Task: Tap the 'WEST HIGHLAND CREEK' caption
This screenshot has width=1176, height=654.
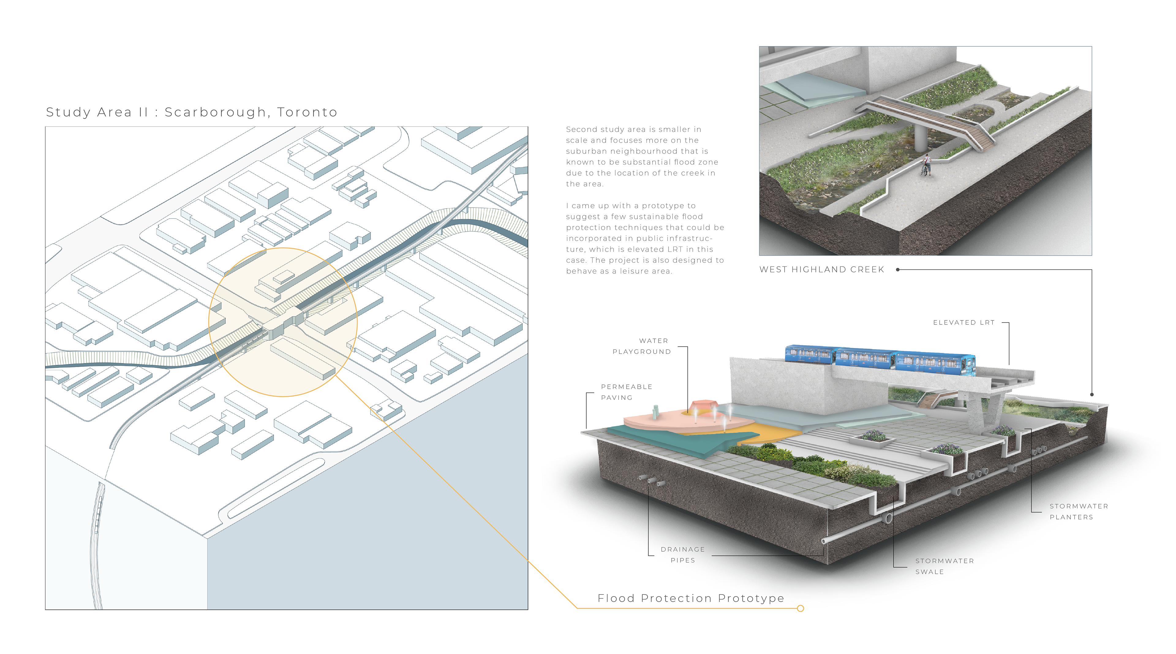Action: [821, 270]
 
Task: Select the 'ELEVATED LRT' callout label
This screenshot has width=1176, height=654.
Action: [963, 323]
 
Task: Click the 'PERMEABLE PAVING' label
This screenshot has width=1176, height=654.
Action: [626, 392]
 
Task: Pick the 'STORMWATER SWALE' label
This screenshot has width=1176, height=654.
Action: [944, 566]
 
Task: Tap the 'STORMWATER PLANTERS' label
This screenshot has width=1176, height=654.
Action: [1078, 511]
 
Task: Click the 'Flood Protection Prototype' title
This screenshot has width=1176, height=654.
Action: [691, 598]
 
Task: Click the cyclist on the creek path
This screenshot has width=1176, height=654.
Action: [926, 166]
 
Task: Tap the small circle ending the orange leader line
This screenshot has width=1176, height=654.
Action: [800, 608]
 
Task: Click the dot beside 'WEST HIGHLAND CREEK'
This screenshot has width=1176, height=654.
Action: [898, 270]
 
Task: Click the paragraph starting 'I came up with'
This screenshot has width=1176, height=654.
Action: [645, 239]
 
